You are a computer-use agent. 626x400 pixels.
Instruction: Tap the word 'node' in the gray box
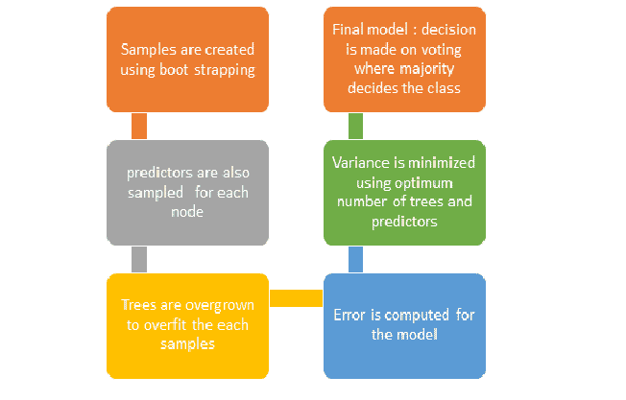click(x=187, y=212)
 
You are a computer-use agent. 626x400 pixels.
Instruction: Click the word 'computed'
click(x=417, y=316)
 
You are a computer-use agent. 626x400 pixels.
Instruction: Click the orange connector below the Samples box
click(x=139, y=126)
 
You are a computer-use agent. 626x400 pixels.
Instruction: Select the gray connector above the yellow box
click(x=139, y=259)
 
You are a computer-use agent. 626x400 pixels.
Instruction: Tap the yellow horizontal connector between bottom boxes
click(x=297, y=298)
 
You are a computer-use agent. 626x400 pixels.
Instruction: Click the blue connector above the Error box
click(x=355, y=259)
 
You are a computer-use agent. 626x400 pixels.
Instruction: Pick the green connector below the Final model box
click(x=355, y=126)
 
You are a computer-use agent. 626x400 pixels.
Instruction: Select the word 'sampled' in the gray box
click(x=156, y=194)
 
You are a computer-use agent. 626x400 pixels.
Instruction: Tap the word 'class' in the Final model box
click(x=445, y=88)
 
